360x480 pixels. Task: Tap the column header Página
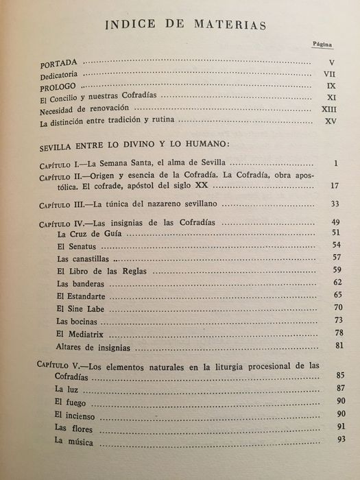(322, 43)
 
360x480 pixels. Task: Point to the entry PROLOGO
(60, 86)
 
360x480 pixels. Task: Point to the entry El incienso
(77, 416)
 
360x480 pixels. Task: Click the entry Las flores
(74, 429)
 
